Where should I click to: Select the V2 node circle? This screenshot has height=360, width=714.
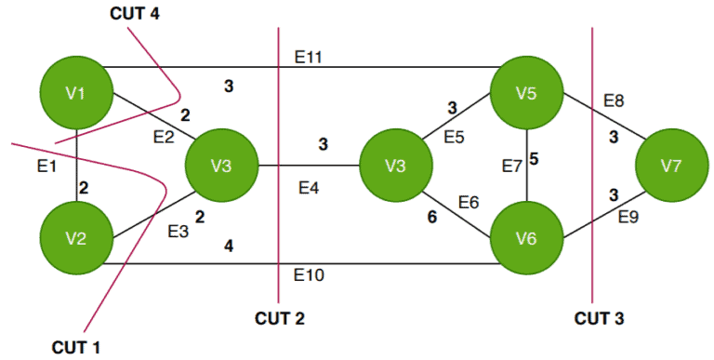click(76, 239)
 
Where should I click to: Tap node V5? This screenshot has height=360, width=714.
click(527, 91)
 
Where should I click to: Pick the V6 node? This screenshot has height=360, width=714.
click(527, 239)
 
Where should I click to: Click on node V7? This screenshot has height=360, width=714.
click(671, 166)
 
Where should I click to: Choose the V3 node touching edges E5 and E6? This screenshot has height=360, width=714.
click(395, 166)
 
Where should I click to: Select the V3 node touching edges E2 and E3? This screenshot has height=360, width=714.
click(221, 166)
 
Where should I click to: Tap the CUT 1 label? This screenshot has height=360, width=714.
click(76, 347)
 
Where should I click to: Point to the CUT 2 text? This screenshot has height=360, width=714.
click(280, 318)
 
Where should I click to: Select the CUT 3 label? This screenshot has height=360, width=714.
click(599, 318)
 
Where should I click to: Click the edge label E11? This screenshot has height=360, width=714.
click(308, 58)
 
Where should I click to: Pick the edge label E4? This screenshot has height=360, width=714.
click(309, 189)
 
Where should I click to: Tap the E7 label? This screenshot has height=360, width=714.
click(512, 166)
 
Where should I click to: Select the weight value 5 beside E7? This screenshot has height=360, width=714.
click(534, 159)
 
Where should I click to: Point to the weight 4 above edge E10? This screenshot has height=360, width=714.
click(228, 247)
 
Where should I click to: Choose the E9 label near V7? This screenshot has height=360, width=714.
click(629, 218)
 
